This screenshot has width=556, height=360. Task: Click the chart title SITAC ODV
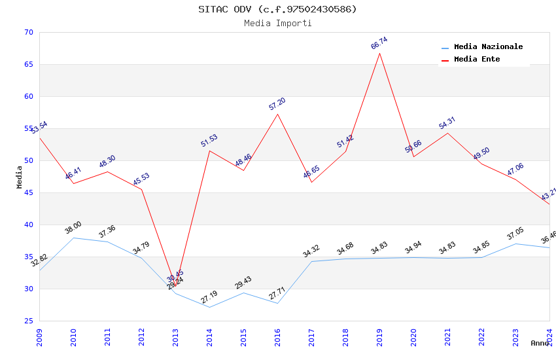(x=277, y=9)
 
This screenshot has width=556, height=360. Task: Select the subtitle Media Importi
(x=277, y=24)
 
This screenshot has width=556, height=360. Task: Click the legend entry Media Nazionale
(x=488, y=47)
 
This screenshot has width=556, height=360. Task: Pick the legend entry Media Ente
(x=477, y=60)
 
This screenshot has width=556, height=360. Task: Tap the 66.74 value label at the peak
(x=379, y=43)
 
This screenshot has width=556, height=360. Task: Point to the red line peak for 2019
(x=379, y=53)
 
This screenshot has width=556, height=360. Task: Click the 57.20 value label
(x=277, y=104)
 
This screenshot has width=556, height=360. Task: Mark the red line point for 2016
(x=277, y=114)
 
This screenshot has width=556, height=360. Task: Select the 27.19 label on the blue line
(x=209, y=298)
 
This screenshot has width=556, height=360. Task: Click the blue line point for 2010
(x=73, y=238)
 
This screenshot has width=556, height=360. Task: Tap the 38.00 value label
(x=73, y=228)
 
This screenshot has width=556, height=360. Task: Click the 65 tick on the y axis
(x=29, y=64)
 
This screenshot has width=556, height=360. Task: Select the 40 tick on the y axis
(x=29, y=225)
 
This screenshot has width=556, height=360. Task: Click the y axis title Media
(x=20, y=177)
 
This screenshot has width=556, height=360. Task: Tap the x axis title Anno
(x=540, y=343)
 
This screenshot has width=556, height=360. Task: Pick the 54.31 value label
(x=447, y=123)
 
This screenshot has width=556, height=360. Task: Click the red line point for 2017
(x=311, y=182)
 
